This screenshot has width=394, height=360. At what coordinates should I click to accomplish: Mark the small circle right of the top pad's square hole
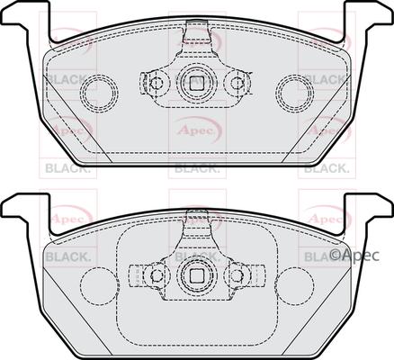coord(237,84)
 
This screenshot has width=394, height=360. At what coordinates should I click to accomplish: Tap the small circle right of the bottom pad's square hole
coord(237,274)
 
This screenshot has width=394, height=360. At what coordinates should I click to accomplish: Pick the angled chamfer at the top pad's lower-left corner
coord(65,144)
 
